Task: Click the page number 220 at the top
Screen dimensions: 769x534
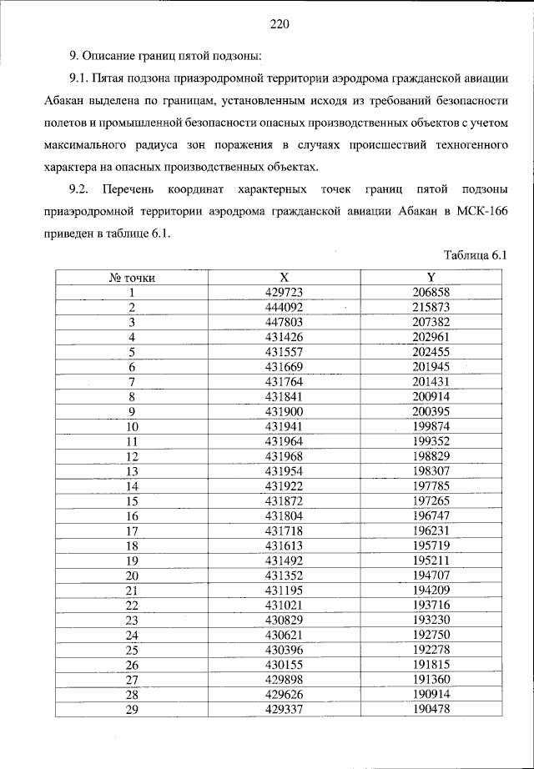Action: coord(279,24)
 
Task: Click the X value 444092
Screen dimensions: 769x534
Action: coord(284,307)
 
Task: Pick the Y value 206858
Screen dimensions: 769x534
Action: coord(431,293)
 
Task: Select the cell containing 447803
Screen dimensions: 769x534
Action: coord(284,322)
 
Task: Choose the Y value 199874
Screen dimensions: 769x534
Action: coord(431,425)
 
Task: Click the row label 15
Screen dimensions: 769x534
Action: coord(131,500)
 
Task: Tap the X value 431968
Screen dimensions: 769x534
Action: coord(284,455)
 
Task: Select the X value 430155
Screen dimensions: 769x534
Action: coord(284,664)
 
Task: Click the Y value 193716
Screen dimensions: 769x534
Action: coord(431,605)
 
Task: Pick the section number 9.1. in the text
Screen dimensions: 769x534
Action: coord(81,78)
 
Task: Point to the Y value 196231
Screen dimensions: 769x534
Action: coord(431,530)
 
